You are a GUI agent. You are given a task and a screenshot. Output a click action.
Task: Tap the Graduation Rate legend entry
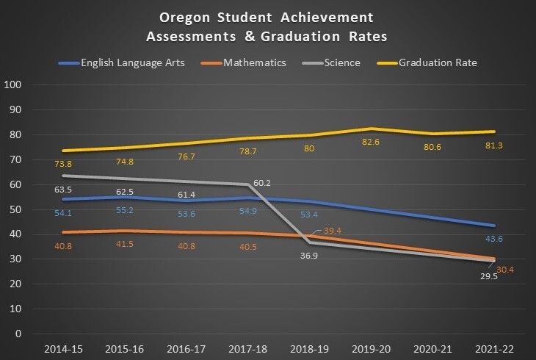pyautogui.click(x=438, y=62)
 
